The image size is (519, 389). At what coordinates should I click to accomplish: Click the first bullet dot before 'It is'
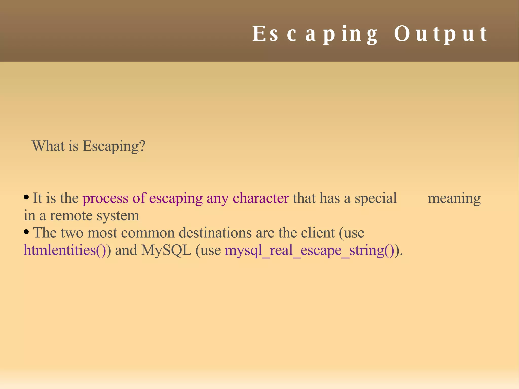26,197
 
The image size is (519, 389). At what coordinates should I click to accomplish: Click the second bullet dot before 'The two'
26,232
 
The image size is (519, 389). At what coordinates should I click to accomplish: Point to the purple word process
105,198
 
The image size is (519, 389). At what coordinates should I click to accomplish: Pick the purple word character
261,198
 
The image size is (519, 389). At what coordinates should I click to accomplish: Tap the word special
376,198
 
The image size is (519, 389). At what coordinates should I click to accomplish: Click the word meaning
454,198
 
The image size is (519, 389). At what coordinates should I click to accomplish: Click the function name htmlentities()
65,250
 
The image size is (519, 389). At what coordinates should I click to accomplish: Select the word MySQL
166,250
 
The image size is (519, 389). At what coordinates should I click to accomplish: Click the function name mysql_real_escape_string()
309,250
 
